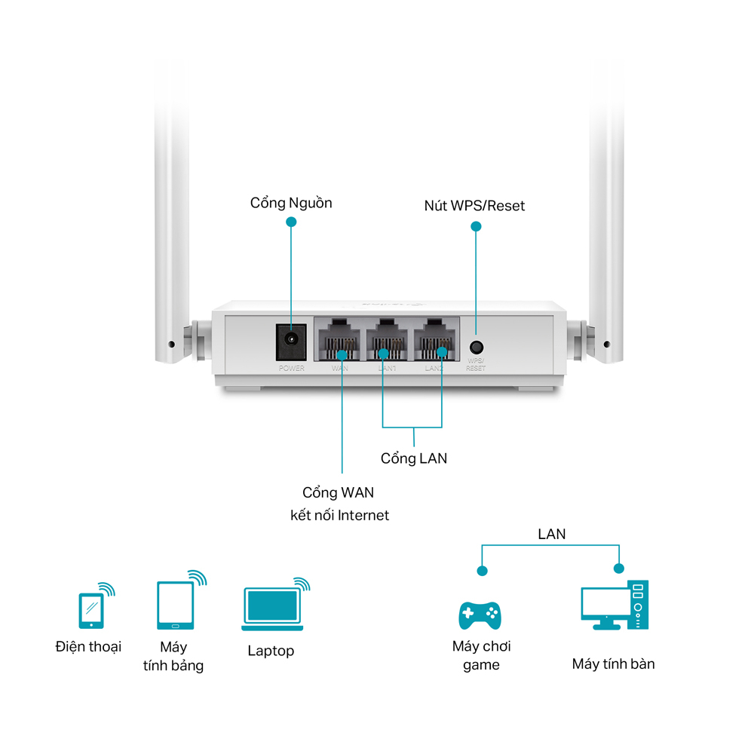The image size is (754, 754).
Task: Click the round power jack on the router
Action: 291,342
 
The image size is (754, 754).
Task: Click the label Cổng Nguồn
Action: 291,203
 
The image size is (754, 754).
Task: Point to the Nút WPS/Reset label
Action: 474,206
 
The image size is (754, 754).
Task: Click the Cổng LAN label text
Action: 414,458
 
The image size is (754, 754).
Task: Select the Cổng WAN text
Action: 339,492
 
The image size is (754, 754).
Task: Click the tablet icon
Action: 175,605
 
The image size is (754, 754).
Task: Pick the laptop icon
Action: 272,608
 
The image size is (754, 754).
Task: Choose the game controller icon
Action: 480,615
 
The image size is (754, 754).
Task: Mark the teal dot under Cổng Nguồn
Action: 291,222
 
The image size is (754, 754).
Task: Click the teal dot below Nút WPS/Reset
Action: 475,225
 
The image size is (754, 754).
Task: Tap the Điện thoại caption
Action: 88,647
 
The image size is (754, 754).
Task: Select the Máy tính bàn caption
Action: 613,664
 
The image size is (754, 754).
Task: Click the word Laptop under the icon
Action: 271,651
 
